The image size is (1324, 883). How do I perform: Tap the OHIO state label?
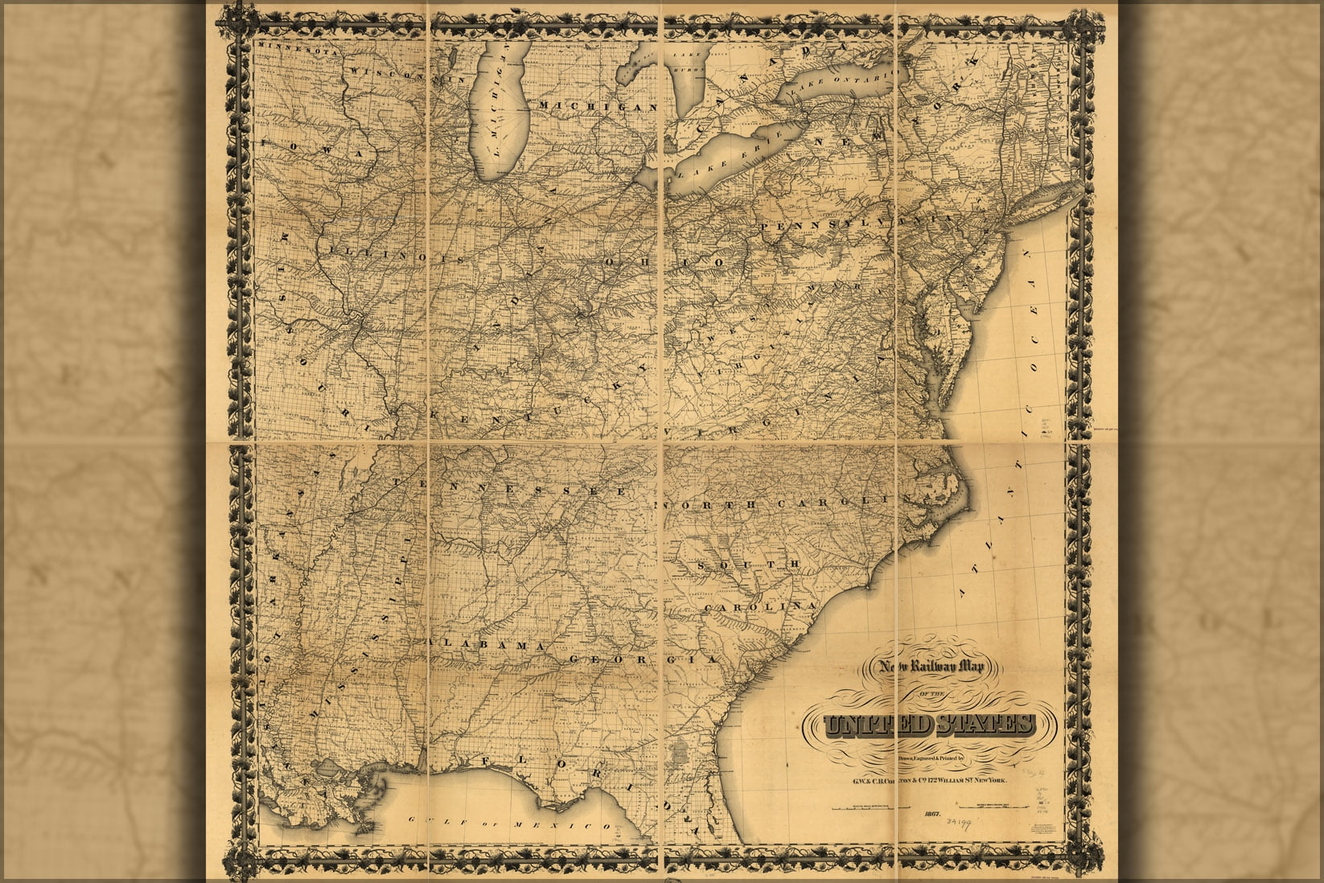pos(664,263)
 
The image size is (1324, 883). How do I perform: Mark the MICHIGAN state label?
pos(598,106)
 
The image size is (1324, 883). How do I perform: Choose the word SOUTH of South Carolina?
pos(748,565)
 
